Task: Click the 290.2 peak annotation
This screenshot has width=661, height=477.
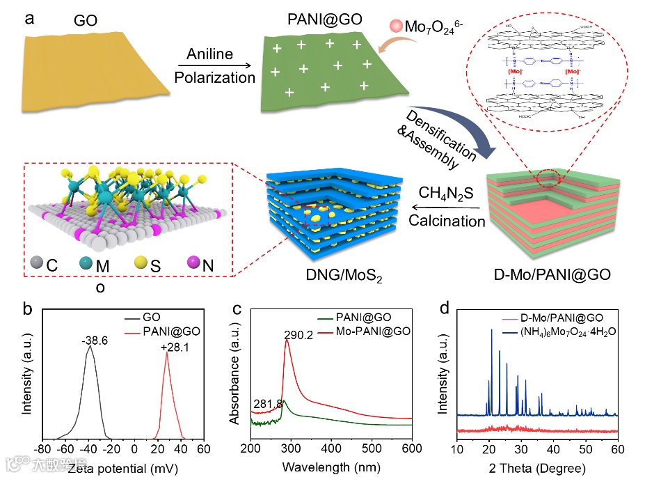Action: [x=298, y=334]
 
